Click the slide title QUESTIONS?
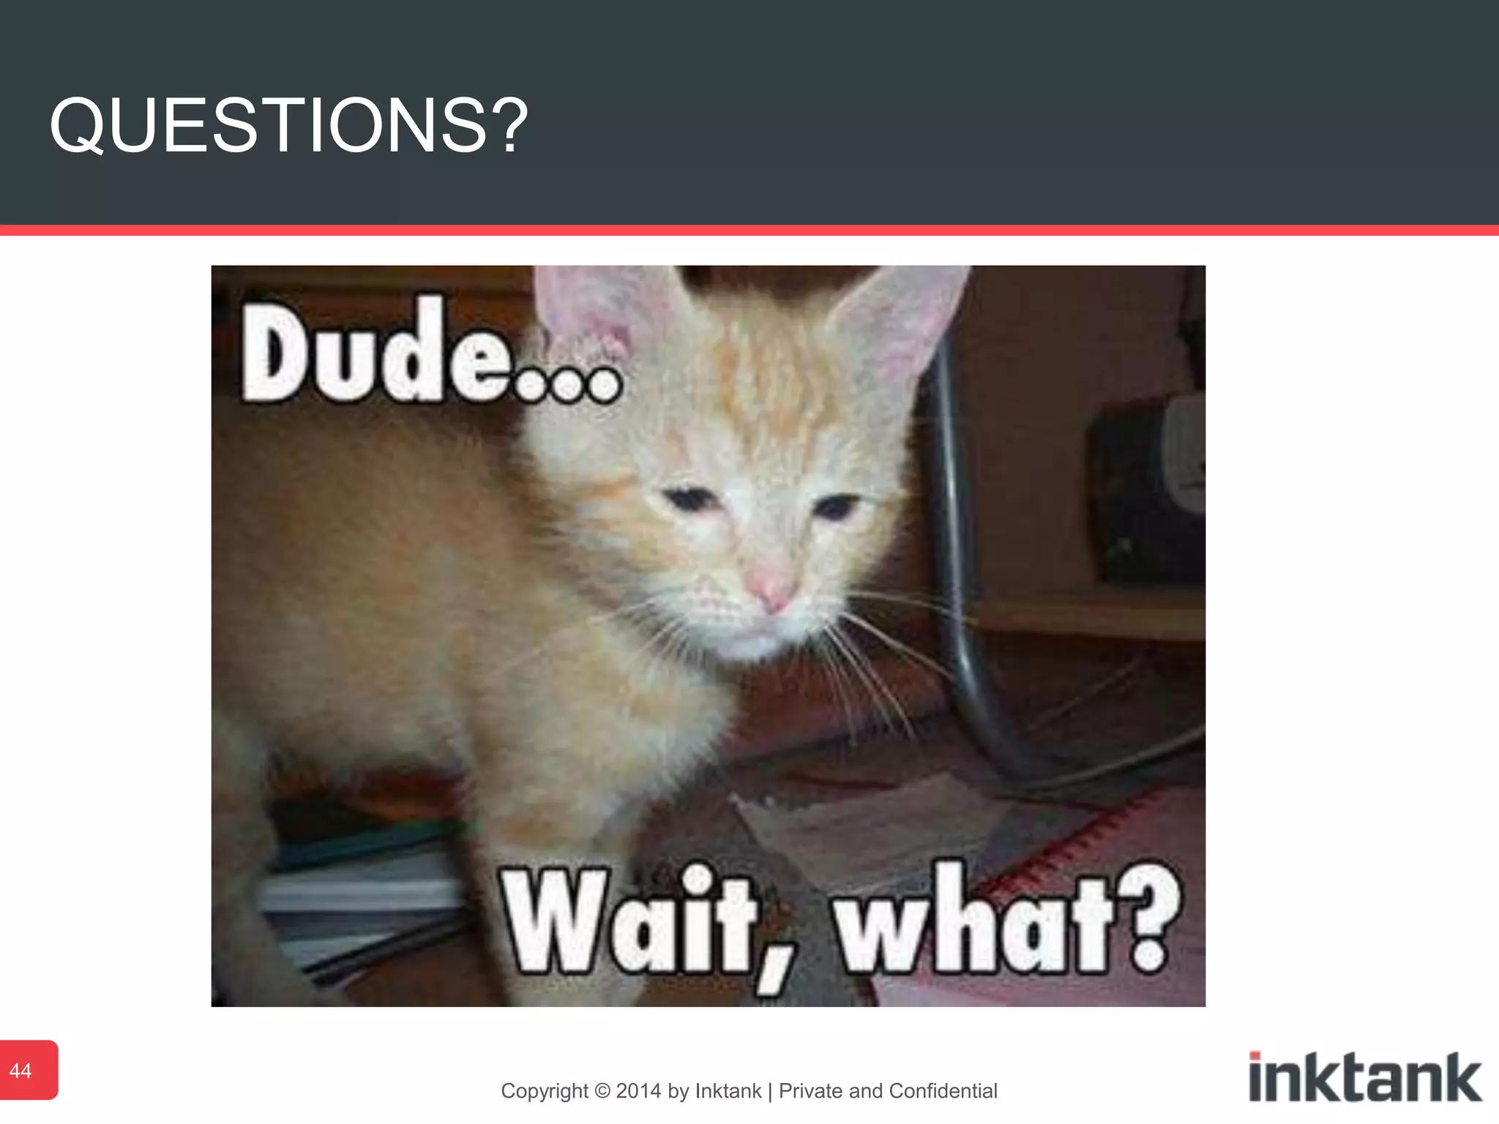(288, 126)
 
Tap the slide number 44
(20, 1071)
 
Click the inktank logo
(1365, 1077)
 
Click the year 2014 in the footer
(638, 1091)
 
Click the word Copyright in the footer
(545, 1091)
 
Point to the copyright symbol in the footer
(602, 1091)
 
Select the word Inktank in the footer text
(728, 1091)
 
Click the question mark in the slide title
(506, 126)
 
